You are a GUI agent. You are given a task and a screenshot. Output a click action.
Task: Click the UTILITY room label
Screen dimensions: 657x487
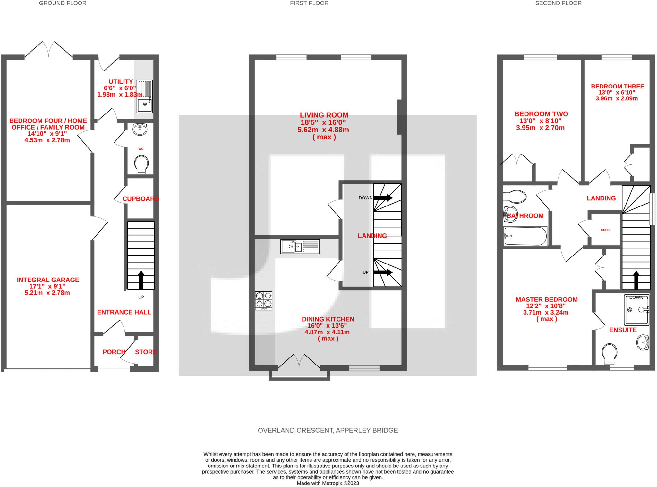point(121,82)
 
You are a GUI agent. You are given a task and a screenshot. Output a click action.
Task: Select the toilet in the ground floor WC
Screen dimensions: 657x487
point(141,164)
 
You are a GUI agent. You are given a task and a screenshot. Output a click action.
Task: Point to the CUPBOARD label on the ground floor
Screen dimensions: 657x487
point(141,199)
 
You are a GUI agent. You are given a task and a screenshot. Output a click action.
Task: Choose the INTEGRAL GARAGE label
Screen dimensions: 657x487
point(48,280)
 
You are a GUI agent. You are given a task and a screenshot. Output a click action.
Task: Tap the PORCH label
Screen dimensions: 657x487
point(114,352)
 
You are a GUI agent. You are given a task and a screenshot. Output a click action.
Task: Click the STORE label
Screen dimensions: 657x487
point(146,352)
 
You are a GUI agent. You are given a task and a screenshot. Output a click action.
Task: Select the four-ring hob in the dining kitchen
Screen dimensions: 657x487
point(264,301)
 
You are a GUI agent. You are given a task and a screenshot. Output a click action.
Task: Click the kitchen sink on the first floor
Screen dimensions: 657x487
point(300,247)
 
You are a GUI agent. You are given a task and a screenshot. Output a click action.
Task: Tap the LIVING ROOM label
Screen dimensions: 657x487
point(324,115)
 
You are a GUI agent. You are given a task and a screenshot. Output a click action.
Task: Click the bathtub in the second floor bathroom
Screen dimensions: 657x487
point(525,236)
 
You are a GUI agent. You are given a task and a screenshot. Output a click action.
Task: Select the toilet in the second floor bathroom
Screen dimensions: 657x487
point(515,197)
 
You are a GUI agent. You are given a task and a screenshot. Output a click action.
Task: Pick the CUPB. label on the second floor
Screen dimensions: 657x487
point(605,230)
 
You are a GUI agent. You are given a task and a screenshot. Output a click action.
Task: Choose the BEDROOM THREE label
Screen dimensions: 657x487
point(618,87)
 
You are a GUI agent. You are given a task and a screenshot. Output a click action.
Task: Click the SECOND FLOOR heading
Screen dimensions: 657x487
point(559,3)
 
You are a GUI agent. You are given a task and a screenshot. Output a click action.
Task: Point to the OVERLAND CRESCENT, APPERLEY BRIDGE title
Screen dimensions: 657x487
point(328,431)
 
